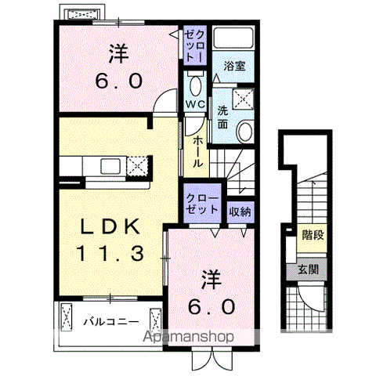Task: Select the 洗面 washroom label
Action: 223,117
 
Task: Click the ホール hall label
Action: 197,150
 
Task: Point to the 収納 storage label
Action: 239,210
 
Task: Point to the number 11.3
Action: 110,253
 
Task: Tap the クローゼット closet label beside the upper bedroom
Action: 193,45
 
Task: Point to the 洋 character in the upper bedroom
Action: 118,55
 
